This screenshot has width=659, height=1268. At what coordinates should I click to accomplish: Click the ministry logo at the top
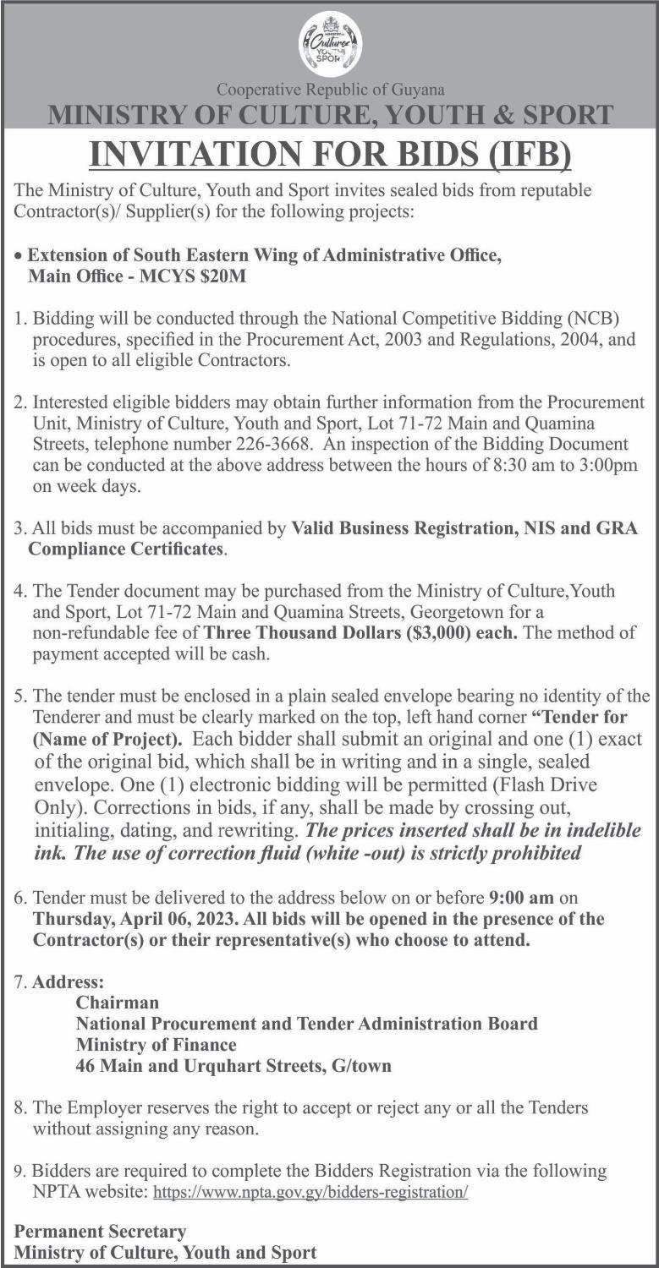click(x=330, y=45)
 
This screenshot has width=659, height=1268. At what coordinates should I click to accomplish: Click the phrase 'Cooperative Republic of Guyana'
click(x=330, y=89)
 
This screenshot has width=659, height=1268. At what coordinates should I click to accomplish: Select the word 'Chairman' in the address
click(x=117, y=1003)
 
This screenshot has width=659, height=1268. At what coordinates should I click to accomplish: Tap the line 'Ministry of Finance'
click(x=156, y=1045)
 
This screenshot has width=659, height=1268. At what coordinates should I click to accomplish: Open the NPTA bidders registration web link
click(x=310, y=1193)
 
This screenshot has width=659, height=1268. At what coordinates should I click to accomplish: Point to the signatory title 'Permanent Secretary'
click(x=100, y=1231)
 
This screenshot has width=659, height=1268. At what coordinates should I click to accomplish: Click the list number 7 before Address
click(x=20, y=982)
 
